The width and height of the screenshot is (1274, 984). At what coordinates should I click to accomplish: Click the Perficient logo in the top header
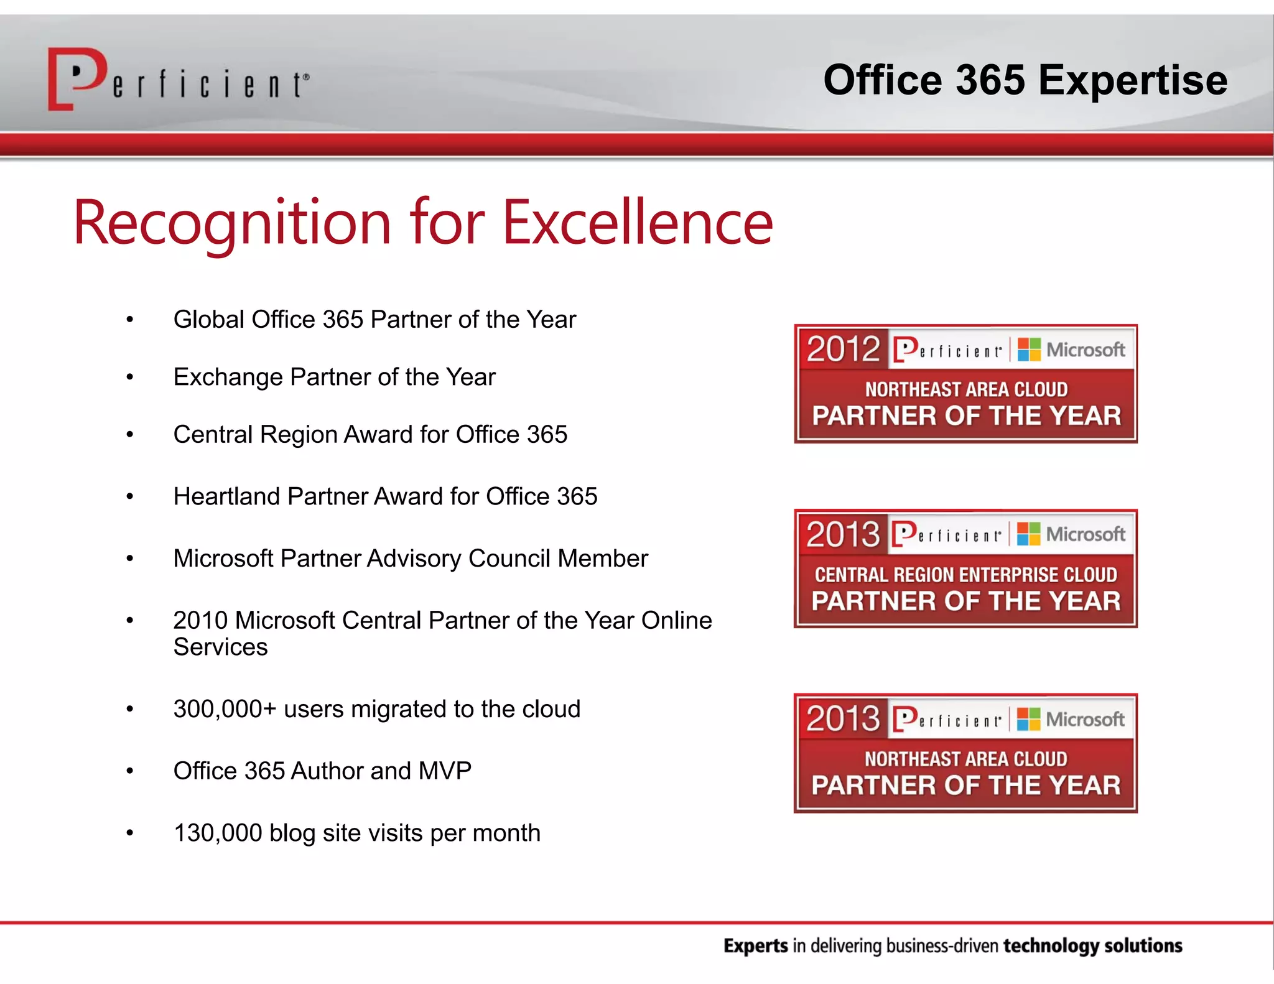(178, 80)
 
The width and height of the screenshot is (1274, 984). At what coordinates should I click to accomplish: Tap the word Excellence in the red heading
(638, 222)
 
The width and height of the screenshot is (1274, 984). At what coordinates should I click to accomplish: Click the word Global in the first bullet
(208, 320)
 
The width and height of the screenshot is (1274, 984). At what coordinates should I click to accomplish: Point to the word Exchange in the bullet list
(228, 378)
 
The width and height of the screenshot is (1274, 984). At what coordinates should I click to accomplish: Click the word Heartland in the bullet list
(226, 496)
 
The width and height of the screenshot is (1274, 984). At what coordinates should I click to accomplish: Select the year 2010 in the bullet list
(200, 620)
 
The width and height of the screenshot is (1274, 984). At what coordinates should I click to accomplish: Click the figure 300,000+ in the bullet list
(225, 709)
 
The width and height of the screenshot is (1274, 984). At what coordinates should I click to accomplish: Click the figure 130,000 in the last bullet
(218, 833)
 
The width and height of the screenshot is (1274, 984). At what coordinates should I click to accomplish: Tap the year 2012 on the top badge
(843, 349)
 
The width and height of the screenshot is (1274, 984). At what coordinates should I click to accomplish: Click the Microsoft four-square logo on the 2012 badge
(1029, 350)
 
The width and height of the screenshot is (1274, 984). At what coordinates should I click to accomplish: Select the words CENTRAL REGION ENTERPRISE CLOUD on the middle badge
(965, 575)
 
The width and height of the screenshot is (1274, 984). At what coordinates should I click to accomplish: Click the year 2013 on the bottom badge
(843, 719)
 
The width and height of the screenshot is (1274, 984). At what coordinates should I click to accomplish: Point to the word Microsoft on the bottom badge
(1085, 720)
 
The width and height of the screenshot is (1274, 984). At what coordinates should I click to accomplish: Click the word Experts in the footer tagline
(755, 946)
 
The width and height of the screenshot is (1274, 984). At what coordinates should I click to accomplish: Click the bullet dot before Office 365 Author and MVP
(130, 771)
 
